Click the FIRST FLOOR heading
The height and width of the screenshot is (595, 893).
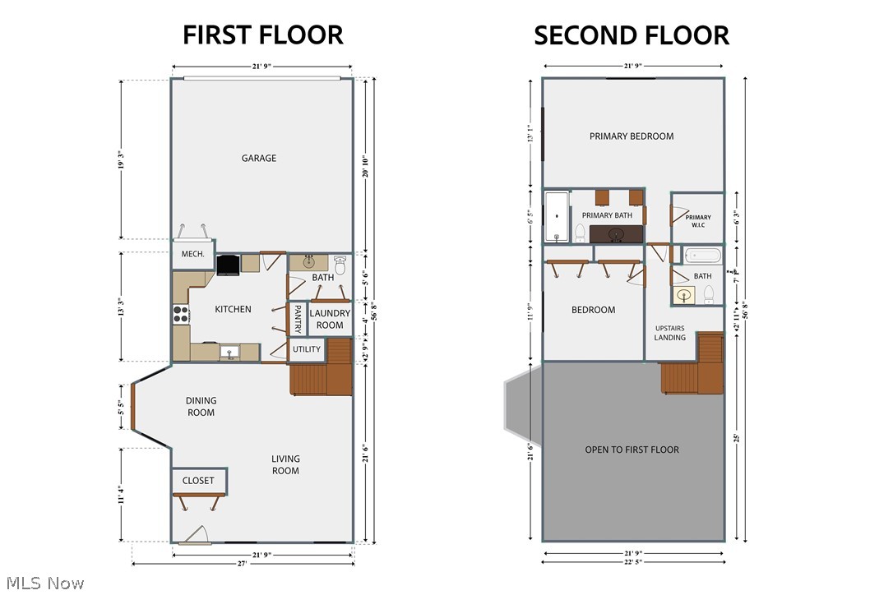pos(262,35)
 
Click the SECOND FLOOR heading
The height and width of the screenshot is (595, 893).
pos(632,35)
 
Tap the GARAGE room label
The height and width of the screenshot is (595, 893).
pos(259,159)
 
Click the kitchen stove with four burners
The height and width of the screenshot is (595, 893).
pos(181,314)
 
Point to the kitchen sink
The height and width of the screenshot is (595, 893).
pos(231,353)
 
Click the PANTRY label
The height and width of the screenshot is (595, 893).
pos(297,320)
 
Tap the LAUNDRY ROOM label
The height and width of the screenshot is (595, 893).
pos(330,319)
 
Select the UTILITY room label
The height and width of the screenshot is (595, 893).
pos(307,349)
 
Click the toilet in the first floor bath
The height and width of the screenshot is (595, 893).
pos(340,265)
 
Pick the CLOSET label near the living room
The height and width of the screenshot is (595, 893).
pos(198,481)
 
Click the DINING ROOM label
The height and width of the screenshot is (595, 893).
pos(201,407)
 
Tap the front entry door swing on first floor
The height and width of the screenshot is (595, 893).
pos(196,536)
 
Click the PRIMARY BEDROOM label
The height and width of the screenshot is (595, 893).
pos(632,136)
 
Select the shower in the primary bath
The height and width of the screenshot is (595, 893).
pos(557,216)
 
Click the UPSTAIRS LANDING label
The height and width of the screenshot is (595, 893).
pos(670,332)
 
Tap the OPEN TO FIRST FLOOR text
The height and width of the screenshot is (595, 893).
pos(632,450)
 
